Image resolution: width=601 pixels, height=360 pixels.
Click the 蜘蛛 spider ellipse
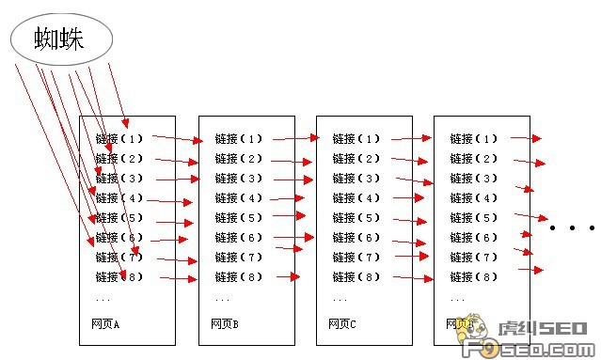click(x=61, y=39)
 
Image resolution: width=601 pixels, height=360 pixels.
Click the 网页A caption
click(x=105, y=324)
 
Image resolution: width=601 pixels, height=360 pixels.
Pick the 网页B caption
click(x=224, y=324)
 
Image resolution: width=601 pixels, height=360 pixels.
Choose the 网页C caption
click(x=341, y=324)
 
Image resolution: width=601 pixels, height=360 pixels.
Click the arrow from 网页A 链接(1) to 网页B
click(x=177, y=139)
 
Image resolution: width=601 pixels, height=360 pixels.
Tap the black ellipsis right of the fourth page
click(x=572, y=228)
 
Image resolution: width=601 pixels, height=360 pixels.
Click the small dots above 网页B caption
click(x=222, y=299)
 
